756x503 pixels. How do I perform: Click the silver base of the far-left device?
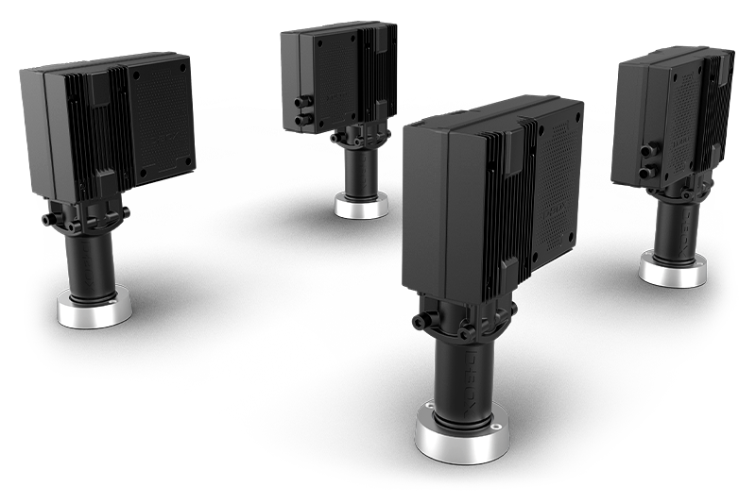pyautogui.click(x=94, y=310)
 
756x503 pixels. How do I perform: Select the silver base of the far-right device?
pyautogui.click(x=672, y=270)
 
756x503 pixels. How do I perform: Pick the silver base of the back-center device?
pyautogui.click(x=360, y=207)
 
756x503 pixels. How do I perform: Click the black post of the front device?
pyautogui.click(x=462, y=372)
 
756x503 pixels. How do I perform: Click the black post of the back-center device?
pyautogui.click(x=360, y=170)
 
